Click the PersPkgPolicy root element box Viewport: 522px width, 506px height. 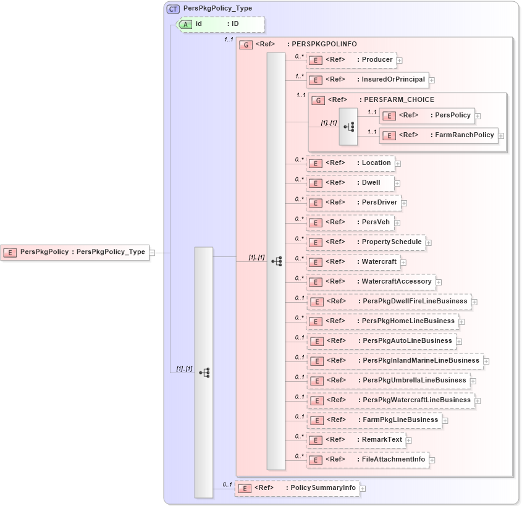pos(75,252)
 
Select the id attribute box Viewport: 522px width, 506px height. pos(221,24)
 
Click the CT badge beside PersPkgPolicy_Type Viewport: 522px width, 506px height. pos(174,9)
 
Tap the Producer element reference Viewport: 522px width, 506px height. pos(351,60)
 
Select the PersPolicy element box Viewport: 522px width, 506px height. pos(427,116)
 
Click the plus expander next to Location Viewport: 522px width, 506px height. pos(398,164)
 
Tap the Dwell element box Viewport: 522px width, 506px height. pos(350,183)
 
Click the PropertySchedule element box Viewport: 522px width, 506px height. pos(365,242)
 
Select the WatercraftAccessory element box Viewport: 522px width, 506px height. pos(370,282)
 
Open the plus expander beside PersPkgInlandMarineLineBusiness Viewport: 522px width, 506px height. pos(486,361)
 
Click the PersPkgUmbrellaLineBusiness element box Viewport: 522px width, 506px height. pos(388,381)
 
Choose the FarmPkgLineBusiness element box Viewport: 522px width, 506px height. pos(374,420)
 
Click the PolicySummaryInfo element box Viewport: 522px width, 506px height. pos(297,488)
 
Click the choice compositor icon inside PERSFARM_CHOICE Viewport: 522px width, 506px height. pos(348,126)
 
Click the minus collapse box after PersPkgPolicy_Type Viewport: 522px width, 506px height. pos(151,252)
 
